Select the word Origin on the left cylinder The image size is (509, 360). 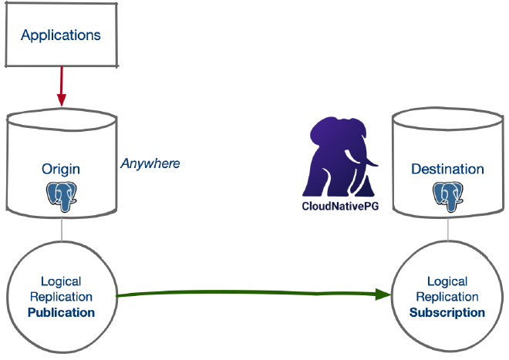[61, 169]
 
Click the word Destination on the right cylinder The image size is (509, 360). [447, 169]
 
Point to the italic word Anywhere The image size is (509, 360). [150, 163]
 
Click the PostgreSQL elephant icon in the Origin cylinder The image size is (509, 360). [62, 196]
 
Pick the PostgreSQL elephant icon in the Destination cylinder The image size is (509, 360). [447, 196]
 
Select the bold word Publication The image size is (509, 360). [61, 312]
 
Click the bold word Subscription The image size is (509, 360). [447, 312]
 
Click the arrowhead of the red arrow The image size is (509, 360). [62, 100]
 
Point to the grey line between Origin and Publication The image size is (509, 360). [62, 231]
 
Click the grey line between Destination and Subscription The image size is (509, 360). [447, 231]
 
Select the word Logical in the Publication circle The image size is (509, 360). [61, 281]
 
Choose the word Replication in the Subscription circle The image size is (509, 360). [447, 297]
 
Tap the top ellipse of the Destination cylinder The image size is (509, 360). [447, 120]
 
